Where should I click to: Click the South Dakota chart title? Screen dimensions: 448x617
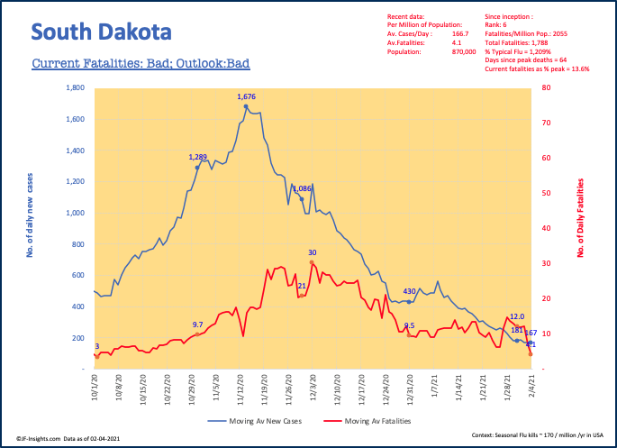100,33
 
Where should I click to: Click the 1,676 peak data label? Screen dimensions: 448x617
247,96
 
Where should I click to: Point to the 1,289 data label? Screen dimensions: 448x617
197,157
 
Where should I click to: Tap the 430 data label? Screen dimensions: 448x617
409,291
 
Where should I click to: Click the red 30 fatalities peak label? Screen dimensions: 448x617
313,252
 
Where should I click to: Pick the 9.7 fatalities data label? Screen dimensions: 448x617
197,325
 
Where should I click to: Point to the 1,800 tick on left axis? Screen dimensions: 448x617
75,88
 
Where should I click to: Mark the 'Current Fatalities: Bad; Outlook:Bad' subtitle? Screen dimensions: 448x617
140,64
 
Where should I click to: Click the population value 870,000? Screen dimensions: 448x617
449,52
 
